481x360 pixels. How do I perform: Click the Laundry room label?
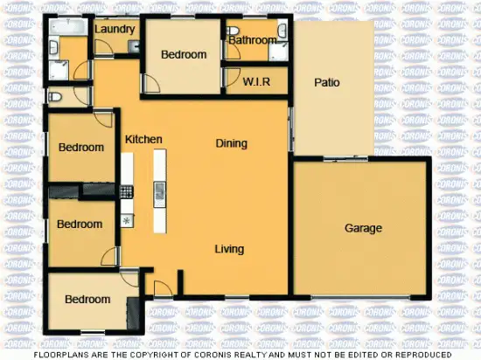coord(115,29)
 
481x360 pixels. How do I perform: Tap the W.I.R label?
coord(255,82)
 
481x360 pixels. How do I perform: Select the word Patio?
coord(327,83)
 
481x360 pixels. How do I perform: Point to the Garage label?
coord(363,228)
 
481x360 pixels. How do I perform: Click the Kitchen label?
coord(143,139)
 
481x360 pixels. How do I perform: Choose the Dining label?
coord(232,143)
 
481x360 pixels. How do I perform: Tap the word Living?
coord(229,249)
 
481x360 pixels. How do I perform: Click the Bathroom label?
coord(253,39)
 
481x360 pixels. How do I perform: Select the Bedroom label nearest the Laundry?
coord(184,54)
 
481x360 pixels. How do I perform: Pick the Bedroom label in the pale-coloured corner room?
coord(87,300)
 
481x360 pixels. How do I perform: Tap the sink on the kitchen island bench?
coord(160,190)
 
